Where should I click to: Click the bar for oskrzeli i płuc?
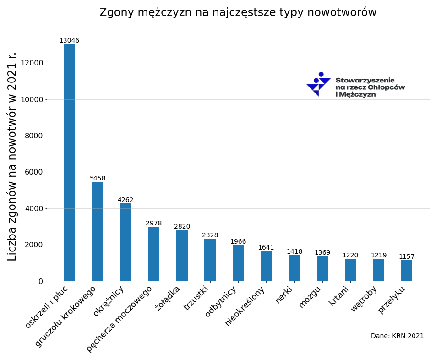70,162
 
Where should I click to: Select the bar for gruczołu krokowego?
98,231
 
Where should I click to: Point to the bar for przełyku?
407,270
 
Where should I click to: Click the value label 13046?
69,41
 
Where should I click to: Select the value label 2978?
154,224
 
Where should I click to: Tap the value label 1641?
266,248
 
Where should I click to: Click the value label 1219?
379,256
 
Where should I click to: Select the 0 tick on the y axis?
41,281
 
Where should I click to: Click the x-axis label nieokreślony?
245,305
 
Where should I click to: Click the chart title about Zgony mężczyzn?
238,13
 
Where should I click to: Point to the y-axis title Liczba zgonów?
12,156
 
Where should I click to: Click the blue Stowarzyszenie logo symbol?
319,84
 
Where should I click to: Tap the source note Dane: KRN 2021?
397,336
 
